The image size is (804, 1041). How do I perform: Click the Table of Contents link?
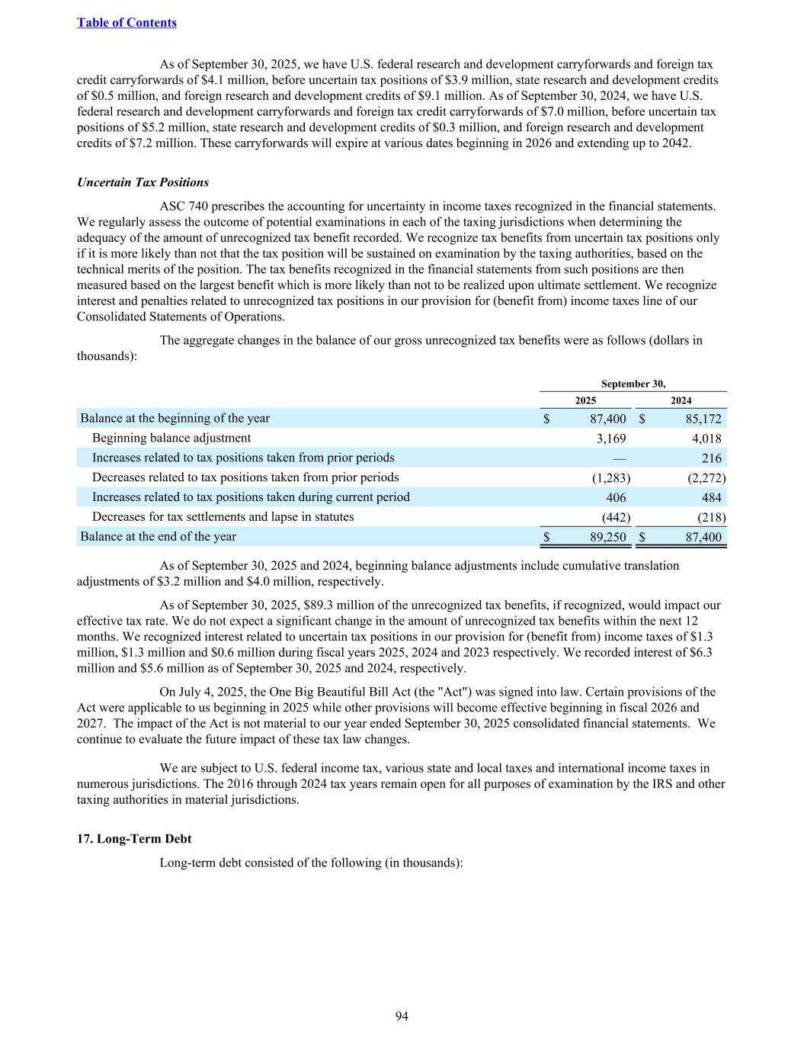[x=127, y=23]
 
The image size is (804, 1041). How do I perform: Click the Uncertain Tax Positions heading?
[x=143, y=182]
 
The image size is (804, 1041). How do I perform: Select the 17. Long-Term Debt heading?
[x=134, y=838]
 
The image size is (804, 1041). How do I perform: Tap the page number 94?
[x=402, y=1016]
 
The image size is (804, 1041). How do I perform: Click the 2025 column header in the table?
[x=585, y=400]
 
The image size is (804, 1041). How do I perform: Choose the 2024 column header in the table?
[x=681, y=400]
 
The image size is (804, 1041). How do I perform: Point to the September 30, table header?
[x=633, y=384]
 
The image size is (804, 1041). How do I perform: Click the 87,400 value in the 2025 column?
[x=608, y=419]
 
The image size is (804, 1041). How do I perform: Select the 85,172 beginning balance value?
[x=700, y=419]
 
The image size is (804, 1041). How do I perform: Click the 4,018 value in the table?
[x=705, y=439]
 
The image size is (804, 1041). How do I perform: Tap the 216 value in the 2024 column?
[x=711, y=458]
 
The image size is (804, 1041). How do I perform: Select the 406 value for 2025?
[x=616, y=497]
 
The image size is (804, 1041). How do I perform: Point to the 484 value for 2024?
[x=711, y=497]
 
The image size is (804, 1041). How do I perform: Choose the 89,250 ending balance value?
[x=608, y=537]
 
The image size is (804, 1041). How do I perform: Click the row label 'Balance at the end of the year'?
[x=159, y=536]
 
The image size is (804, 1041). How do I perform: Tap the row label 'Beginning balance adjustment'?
[x=171, y=438]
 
